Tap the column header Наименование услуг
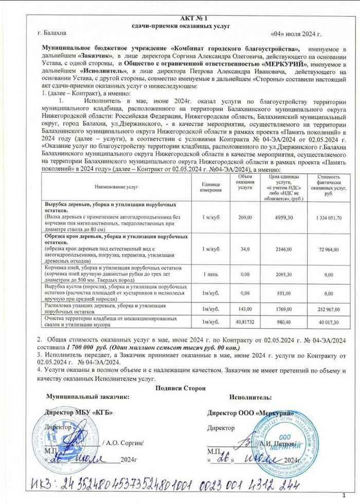point(115,188)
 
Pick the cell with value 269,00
point(245,218)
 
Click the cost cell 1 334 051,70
point(329,218)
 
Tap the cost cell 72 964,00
point(329,249)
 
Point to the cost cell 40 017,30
point(329,322)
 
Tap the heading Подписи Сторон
point(179,388)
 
